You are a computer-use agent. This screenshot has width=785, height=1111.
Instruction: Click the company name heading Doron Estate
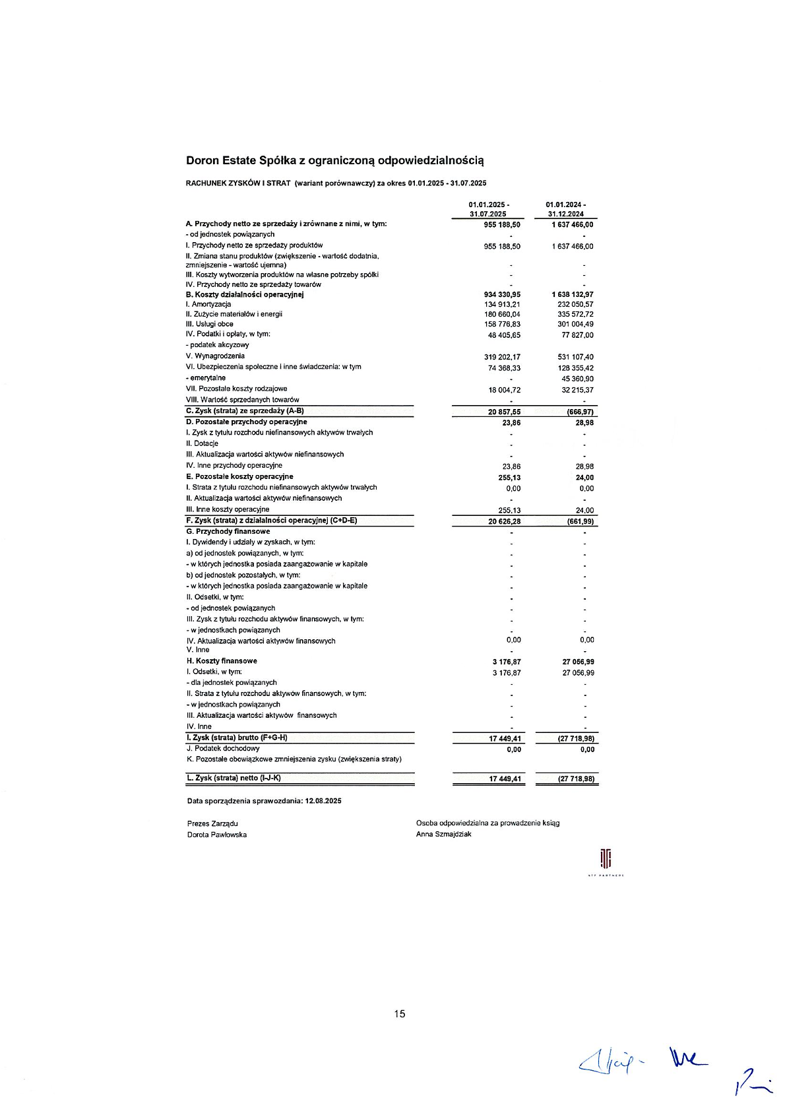(x=335, y=160)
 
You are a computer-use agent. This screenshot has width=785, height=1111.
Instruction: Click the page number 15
(x=400, y=1014)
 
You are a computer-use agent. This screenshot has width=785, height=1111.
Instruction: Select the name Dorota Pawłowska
(x=217, y=835)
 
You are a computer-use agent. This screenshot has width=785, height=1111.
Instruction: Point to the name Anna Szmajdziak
(x=443, y=835)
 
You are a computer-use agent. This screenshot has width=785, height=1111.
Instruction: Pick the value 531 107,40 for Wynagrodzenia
(x=575, y=357)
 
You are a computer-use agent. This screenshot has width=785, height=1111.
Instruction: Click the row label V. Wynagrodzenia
(x=215, y=356)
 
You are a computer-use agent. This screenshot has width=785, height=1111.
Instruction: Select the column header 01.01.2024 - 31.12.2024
(x=565, y=209)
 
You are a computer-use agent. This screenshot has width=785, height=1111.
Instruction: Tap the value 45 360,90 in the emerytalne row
(x=577, y=379)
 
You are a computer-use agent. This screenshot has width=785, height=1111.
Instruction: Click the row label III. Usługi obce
(x=210, y=324)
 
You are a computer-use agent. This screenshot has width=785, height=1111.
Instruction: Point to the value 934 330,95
(x=502, y=294)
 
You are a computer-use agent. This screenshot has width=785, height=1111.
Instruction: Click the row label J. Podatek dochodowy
(x=223, y=749)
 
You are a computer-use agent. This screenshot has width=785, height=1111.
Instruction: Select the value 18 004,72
(x=504, y=390)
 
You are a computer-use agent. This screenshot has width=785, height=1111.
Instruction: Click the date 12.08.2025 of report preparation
(x=323, y=801)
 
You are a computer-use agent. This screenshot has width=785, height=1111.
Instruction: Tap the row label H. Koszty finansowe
(x=222, y=661)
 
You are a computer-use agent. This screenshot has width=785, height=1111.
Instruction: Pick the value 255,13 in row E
(x=509, y=478)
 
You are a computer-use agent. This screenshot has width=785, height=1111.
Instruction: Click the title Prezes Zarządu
(x=212, y=823)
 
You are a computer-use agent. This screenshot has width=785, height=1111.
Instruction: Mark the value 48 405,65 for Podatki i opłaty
(x=504, y=335)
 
